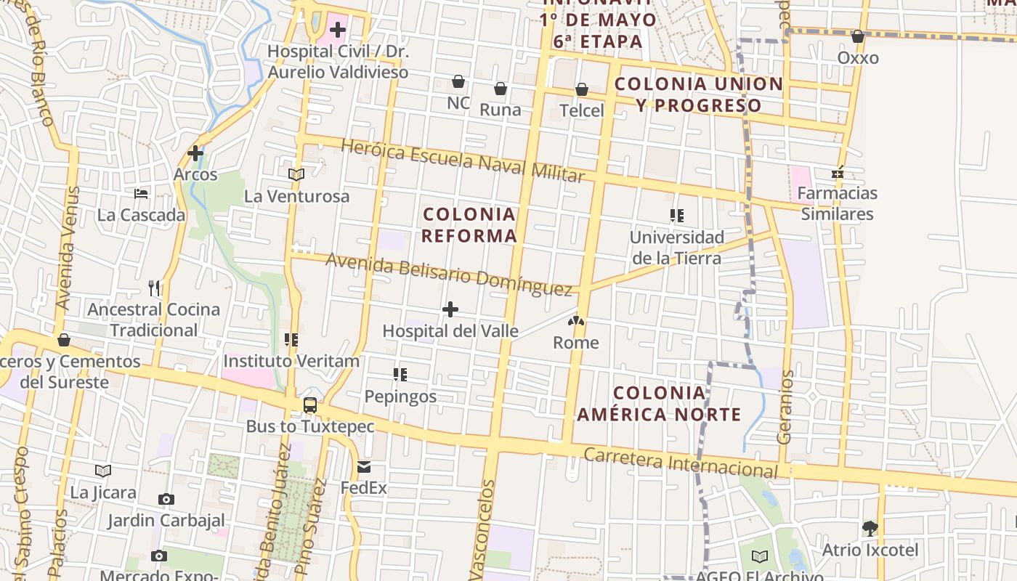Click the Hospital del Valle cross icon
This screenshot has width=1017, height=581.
[x=450, y=310]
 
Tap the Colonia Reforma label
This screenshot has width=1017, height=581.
[x=469, y=224]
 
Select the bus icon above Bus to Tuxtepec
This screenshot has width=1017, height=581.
[x=310, y=405]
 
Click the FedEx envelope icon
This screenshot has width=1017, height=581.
[x=364, y=467]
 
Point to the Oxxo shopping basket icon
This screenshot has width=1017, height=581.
[x=858, y=36]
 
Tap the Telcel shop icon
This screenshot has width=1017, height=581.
[x=582, y=90]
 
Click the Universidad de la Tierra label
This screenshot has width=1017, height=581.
[x=676, y=248]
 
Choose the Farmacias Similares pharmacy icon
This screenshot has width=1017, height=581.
[x=838, y=173]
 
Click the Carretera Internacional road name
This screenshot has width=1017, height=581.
[x=681, y=462]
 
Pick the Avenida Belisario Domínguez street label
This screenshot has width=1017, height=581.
[x=449, y=274]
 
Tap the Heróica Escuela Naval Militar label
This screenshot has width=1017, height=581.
[x=462, y=161]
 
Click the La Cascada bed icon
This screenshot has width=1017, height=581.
[x=141, y=194]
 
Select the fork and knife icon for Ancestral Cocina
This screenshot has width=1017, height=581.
[x=154, y=288]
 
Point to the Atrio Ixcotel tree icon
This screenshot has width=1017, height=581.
[x=870, y=529]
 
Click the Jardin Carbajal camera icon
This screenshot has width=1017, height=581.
[x=166, y=500]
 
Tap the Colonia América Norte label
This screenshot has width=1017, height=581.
[x=659, y=404]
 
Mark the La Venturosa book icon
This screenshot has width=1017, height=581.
[x=296, y=174]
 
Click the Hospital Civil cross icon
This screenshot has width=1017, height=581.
[x=338, y=31]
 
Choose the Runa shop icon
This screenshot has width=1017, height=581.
[x=501, y=89]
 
